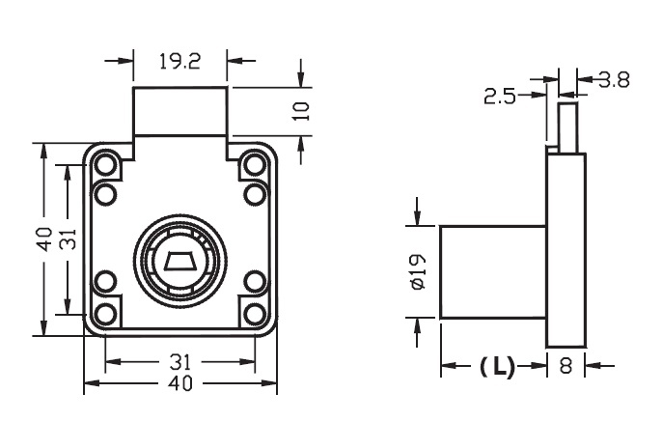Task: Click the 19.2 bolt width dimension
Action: tap(179, 63)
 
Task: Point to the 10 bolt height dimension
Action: tap(303, 109)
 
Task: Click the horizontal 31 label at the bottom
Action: tap(180, 362)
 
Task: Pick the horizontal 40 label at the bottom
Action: tap(180, 383)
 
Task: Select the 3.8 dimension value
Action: tap(613, 80)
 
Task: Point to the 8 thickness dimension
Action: tap(566, 366)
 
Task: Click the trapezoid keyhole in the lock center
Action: tap(180, 261)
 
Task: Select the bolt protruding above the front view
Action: tap(180, 111)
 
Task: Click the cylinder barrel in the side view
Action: tap(493, 271)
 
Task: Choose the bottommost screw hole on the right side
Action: tap(255, 313)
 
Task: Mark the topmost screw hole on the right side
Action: tap(255, 165)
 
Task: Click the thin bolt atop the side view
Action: tap(566, 126)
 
